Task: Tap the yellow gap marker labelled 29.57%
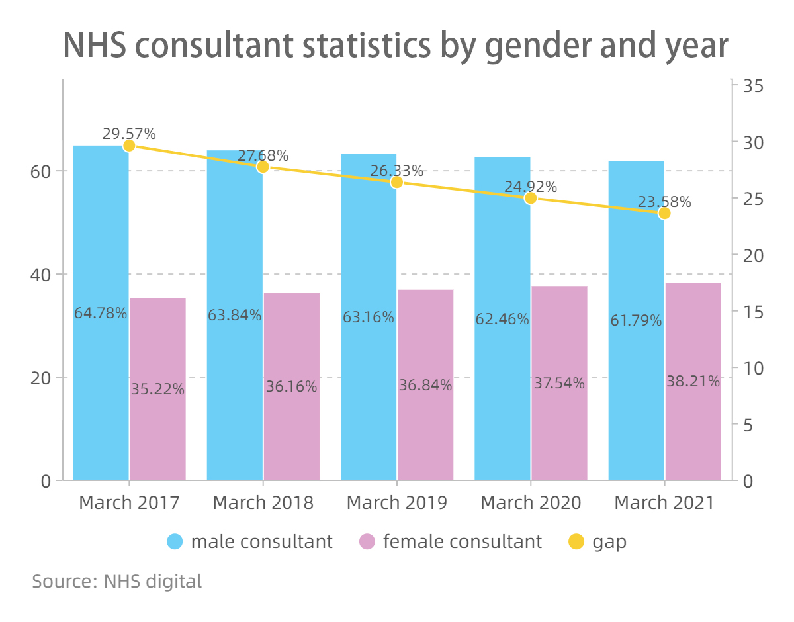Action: (129, 146)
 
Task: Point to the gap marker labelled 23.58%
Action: (664, 213)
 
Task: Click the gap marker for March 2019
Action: (396, 182)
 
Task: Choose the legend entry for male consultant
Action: (250, 542)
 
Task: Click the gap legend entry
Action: (597, 542)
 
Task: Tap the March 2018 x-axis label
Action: (263, 503)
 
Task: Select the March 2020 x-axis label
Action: (531, 503)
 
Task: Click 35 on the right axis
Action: (753, 85)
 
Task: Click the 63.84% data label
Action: (234, 316)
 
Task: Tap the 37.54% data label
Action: (559, 383)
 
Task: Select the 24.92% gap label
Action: (531, 187)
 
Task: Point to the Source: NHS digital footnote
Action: (117, 582)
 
